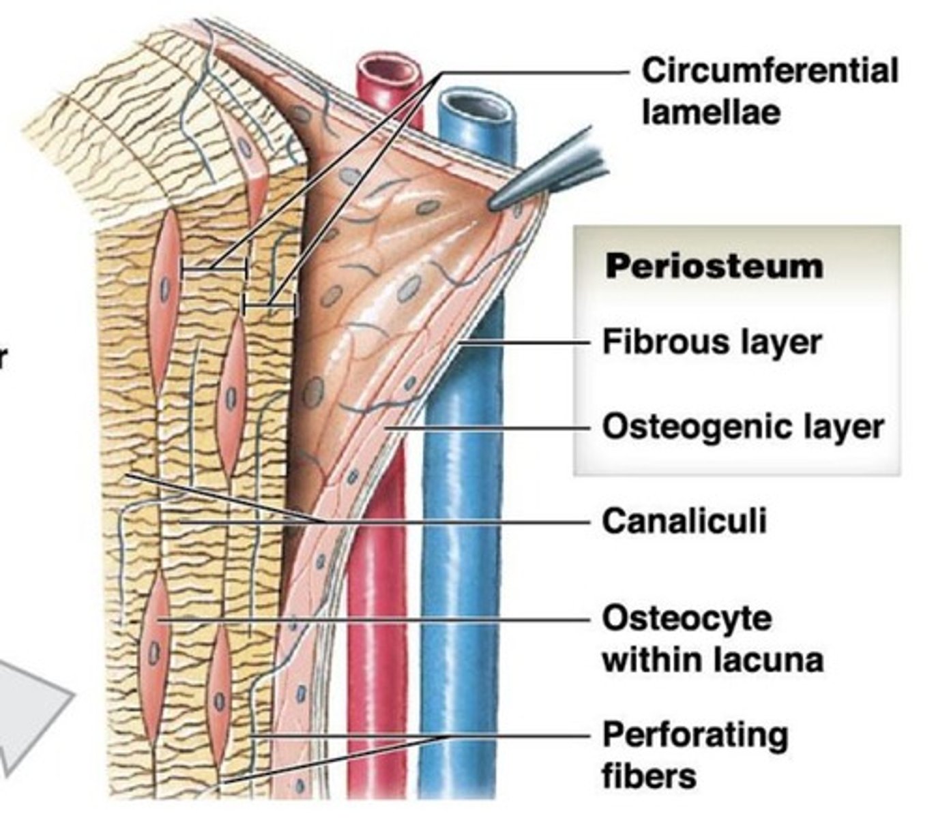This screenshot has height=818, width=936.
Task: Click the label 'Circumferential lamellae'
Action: [769, 91]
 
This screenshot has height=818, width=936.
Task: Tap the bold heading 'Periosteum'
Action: [714, 266]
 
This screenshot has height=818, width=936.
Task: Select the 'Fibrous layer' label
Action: [712, 341]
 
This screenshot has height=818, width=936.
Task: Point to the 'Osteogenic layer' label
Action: [743, 427]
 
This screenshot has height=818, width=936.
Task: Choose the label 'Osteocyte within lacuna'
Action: [712, 639]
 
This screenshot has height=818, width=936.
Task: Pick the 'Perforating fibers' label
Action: [694, 755]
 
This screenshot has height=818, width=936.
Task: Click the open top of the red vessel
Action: [389, 70]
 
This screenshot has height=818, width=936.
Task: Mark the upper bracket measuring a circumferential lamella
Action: [214, 270]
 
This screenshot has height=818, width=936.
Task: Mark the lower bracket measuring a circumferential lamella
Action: [270, 306]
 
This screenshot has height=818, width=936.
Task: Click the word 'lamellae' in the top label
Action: [710, 112]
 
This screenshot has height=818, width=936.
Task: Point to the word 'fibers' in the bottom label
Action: [649, 776]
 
